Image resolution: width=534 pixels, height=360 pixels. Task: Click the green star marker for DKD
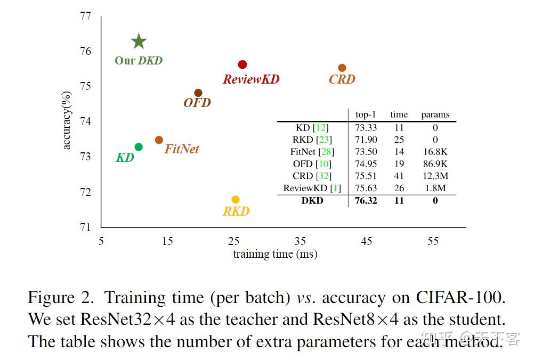(x=139, y=41)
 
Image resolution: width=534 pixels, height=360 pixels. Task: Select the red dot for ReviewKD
(x=242, y=64)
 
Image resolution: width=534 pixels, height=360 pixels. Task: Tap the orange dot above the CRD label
(x=342, y=68)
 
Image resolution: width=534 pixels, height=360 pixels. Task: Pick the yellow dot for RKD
(x=236, y=200)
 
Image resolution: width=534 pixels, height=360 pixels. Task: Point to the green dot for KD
(x=139, y=146)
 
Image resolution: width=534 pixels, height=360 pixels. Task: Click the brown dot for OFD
(x=198, y=93)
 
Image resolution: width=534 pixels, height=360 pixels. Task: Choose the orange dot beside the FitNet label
(x=159, y=140)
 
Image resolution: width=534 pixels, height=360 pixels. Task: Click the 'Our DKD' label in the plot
(x=139, y=61)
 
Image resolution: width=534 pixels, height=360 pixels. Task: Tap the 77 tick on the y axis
(x=85, y=16)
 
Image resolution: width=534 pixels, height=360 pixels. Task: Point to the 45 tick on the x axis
(x=367, y=241)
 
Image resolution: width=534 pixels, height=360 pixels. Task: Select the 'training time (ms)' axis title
(x=275, y=254)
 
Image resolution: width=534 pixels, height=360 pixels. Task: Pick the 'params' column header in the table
(x=435, y=114)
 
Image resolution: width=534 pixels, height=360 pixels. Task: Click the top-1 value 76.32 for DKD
(x=366, y=201)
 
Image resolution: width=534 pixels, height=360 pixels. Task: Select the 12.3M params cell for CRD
(x=435, y=176)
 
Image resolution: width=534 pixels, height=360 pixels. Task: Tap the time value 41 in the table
(x=399, y=176)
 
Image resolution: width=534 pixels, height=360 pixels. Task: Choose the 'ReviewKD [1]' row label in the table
(x=312, y=188)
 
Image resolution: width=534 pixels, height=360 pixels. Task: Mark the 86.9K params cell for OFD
(x=435, y=164)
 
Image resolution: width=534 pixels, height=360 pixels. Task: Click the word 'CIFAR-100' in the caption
(x=459, y=298)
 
